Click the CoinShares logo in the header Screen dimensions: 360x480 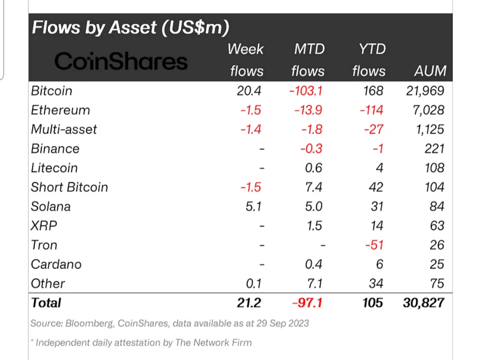(x=121, y=61)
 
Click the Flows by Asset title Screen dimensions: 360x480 (x=130, y=28)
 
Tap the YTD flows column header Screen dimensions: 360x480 (x=369, y=60)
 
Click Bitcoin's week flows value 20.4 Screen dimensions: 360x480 (x=249, y=91)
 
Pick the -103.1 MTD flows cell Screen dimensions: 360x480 (x=306, y=91)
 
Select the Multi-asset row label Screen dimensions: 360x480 (x=64, y=129)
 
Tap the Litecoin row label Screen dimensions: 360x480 (x=54, y=168)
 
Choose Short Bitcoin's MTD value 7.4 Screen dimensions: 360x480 (x=313, y=187)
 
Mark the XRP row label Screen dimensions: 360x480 (x=44, y=226)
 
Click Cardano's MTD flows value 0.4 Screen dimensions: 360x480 (x=313, y=264)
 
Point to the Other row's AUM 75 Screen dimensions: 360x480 (x=437, y=284)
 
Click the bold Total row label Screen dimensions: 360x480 (x=46, y=303)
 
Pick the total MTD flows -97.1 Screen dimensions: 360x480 (x=307, y=303)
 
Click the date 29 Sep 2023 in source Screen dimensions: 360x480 (x=283, y=324)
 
